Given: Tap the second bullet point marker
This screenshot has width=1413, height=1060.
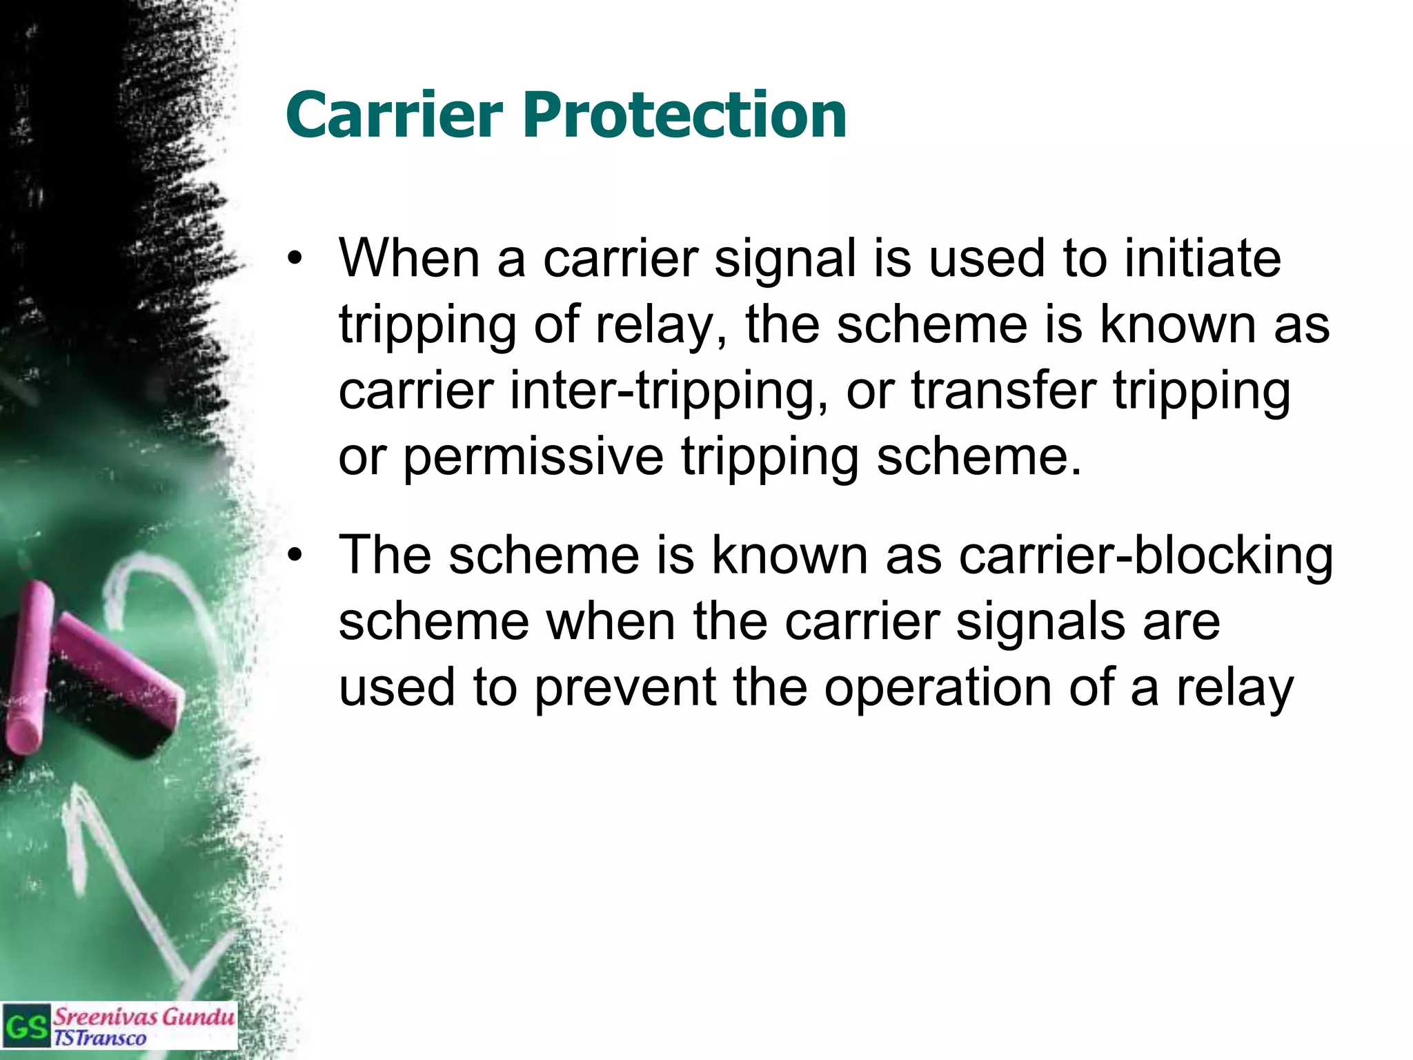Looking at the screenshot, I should coord(295,556).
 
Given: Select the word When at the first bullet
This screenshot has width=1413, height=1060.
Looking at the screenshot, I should coord(408,258).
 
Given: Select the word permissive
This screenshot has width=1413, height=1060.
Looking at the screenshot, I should coord(533,457).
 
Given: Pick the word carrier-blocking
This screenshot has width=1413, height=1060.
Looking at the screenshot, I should coord(1145,555).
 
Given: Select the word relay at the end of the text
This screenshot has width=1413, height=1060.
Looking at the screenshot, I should coord(1235,688).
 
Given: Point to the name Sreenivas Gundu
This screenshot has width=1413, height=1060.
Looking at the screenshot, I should coord(144,1017).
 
